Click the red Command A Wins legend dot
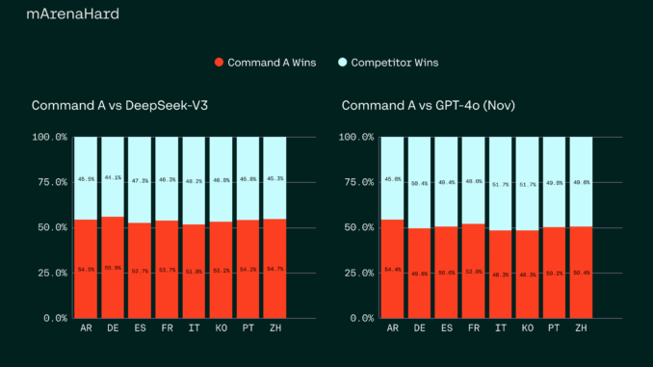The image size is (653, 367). pos(220,63)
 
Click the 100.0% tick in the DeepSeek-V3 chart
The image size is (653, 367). pos(49,137)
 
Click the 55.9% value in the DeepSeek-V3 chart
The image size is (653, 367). pos(113,269)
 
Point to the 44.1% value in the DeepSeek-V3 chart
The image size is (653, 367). pos(113,177)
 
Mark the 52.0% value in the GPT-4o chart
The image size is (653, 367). pos(473,271)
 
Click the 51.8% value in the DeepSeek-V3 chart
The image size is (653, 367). pos(194,271)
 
